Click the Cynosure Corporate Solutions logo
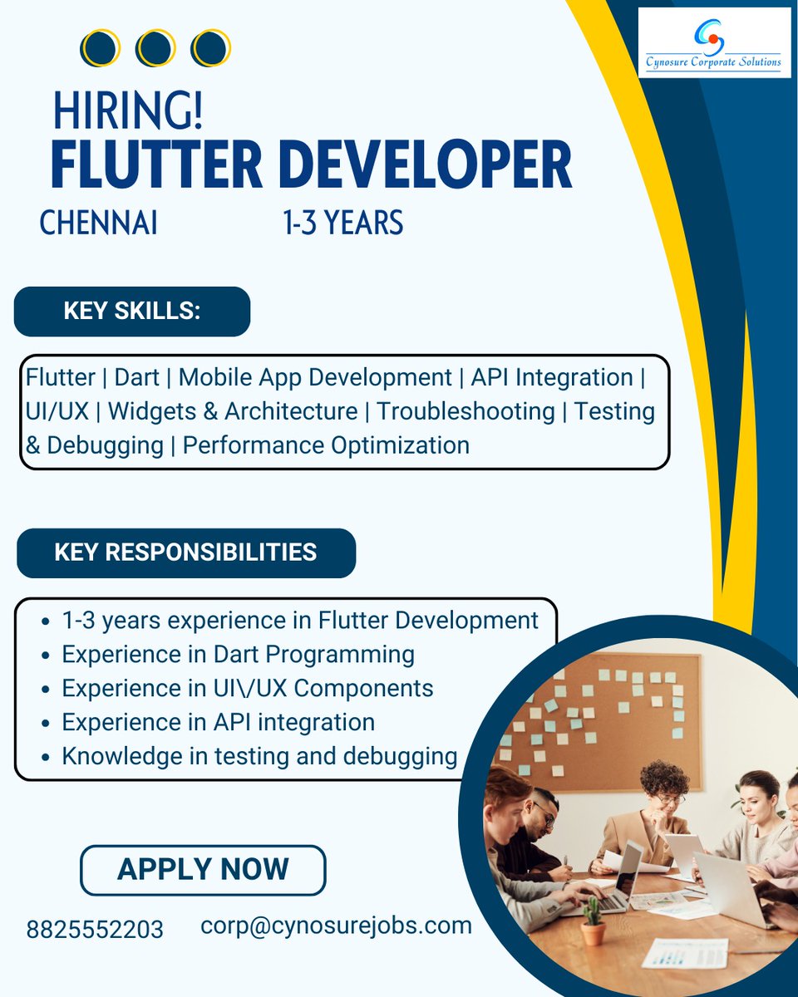pos(714,42)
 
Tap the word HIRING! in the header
pos(128,111)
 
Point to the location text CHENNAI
pos(98,223)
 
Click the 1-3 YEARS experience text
pos(342,223)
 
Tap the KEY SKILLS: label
pos(131,312)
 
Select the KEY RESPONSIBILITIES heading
pos(185,553)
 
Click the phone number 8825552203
pos(95,929)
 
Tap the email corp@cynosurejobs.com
pos(336,925)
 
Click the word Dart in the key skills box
pos(138,377)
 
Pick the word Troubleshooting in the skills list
pos(465,411)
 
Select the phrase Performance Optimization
pos(326,445)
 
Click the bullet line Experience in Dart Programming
pos(238,654)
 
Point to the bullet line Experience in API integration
pos(218,722)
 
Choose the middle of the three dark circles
pos(155,49)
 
